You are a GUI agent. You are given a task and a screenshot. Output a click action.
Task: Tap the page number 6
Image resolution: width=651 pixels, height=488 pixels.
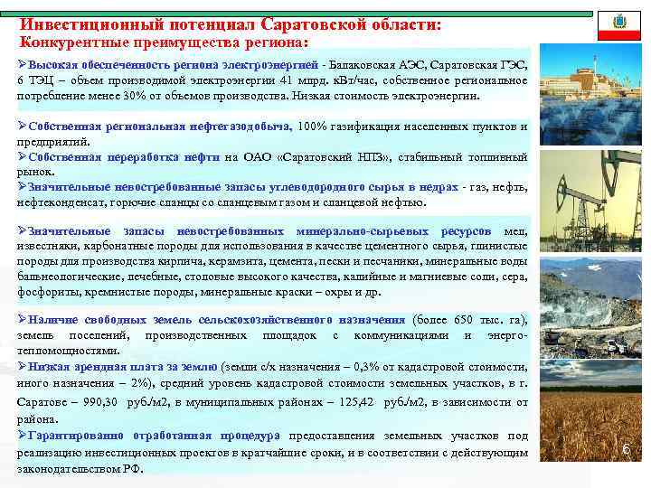[x=625, y=449]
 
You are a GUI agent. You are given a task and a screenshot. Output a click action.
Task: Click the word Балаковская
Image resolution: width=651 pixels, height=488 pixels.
[x=362, y=65]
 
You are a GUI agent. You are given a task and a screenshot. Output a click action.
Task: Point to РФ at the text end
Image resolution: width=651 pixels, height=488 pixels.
[x=131, y=467]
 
